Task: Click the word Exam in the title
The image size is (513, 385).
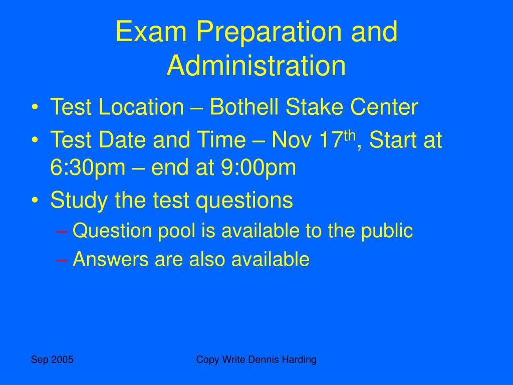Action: coord(151,32)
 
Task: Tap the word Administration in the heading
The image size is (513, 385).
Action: coord(256,66)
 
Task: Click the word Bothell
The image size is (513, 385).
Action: coord(244,107)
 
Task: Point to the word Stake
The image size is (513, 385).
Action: coord(315,107)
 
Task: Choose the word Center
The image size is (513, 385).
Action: coord(384,107)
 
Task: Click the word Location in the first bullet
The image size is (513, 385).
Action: coord(141,107)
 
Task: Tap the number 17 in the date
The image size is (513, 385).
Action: coord(331,140)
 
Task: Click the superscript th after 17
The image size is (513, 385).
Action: coord(349,135)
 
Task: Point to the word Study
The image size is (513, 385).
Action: coord(79,201)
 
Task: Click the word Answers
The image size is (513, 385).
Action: coord(111,259)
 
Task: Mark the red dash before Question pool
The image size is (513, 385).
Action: coord(62,232)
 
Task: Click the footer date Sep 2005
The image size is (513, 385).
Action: coord(52,359)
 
